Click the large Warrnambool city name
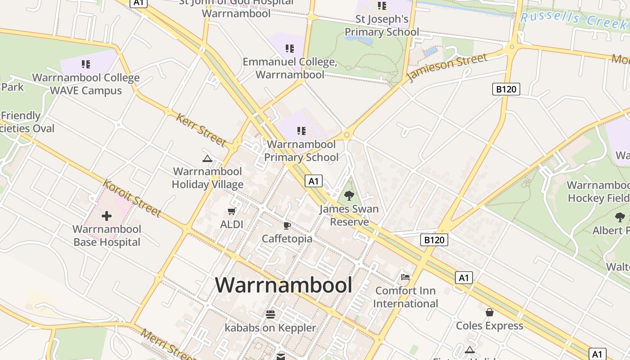pyautogui.click(x=283, y=285)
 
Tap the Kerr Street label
pyautogui.click(x=201, y=130)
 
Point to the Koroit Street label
pyautogui.click(x=132, y=198)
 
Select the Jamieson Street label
pyautogui.click(x=447, y=68)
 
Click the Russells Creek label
pyautogui.click(x=574, y=19)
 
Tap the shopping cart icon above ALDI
pyautogui.click(x=232, y=211)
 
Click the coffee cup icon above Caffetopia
pyautogui.click(x=287, y=225)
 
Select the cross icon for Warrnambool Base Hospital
pyautogui.click(x=107, y=216)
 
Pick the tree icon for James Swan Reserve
pyautogui.click(x=349, y=196)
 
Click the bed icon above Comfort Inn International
pyautogui.click(x=405, y=277)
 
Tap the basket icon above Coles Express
pyautogui.click(x=490, y=312)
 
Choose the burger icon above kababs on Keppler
pyautogui.click(x=270, y=314)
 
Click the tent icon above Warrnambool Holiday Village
pyautogui.click(x=207, y=158)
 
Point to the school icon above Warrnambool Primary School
pyautogui.click(x=301, y=131)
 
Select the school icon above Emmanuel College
pyautogui.click(x=289, y=48)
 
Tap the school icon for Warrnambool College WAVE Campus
pyautogui.click(x=85, y=64)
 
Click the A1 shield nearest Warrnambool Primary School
pyautogui.click(x=314, y=181)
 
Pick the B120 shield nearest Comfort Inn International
pyautogui.click(x=435, y=240)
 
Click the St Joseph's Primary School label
pyautogui.click(x=382, y=26)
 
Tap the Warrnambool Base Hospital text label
pyautogui.click(x=107, y=236)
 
